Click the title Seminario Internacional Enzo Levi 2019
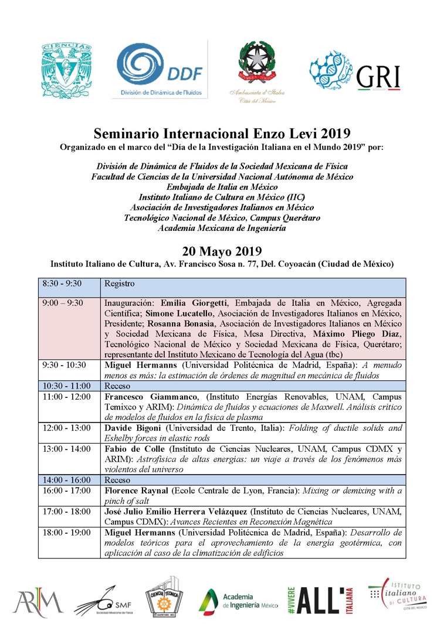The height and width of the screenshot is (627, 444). click(x=222, y=132)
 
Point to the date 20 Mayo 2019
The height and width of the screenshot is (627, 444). click(x=221, y=251)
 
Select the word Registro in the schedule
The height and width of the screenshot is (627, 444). click(x=120, y=284)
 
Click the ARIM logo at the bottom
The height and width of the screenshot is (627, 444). click(x=38, y=600)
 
